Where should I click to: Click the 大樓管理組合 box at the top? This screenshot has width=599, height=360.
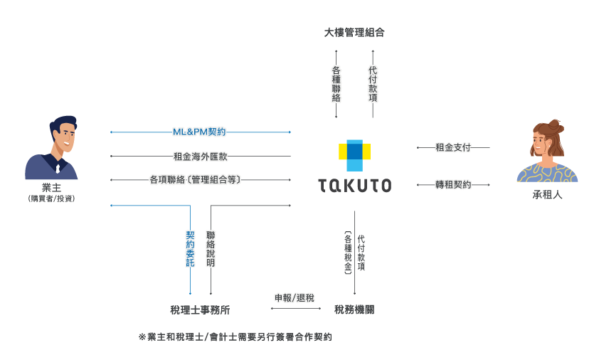(354, 32)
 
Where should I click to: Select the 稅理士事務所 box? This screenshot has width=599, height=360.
(200, 309)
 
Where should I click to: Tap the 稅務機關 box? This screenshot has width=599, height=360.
(354, 309)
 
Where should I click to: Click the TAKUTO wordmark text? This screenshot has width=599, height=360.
(354, 186)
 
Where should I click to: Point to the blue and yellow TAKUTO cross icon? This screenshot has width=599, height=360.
(354, 154)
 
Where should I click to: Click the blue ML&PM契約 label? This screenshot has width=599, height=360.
(199, 132)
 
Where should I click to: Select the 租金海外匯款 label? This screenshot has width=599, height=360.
(200, 157)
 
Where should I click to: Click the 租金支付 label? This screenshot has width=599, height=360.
(452, 148)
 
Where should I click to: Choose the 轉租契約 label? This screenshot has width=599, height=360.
(452, 185)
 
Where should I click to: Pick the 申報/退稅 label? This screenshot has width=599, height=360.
(295, 298)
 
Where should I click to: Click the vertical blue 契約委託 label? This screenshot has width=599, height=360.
(190, 248)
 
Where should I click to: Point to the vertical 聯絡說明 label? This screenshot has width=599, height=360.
(211, 248)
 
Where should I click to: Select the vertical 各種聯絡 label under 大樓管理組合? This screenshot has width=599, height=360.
(336, 84)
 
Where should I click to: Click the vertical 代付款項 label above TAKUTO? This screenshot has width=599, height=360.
(372, 84)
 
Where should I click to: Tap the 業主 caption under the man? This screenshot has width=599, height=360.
(51, 188)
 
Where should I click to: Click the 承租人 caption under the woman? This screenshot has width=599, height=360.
(547, 194)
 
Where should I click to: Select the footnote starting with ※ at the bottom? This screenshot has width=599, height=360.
(235, 337)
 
